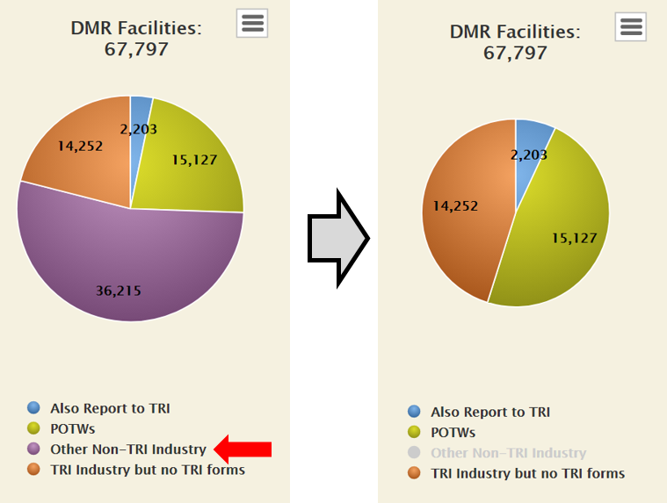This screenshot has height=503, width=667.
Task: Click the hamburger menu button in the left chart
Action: pyautogui.click(x=252, y=23)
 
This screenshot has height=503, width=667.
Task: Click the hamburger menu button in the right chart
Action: pyautogui.click(x=631, y=26)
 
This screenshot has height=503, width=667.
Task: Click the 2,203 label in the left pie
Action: pyautogui.click(x=138, y=129)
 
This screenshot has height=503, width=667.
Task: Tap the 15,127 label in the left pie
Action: pyautogui.click(x=194, y=160)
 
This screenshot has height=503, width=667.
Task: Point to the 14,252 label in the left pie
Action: pyautogui.click(x=81, y=147)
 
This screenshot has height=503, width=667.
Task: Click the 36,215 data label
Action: pyautogui.click(x=119, y=291)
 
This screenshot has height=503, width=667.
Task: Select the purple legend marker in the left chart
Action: pyautogui.click(x=34, y=449)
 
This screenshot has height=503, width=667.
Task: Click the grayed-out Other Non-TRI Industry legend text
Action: pyautogui.click(x=508, y=453)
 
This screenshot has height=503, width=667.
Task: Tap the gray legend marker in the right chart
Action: pyautogui.click(x=415, y=453)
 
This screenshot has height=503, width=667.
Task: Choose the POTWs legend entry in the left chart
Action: pyautogui.click(x=72, y=428)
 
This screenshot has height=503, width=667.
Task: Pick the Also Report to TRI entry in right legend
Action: pyautogui.click(x=489, y=412)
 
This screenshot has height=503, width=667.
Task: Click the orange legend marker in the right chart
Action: pyautogui.click(x=415, y=473)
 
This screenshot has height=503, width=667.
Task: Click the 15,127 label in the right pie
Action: pyautogui.click(x=575, y=237)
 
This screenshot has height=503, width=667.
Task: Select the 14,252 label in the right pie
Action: pyautogui.click(x=456, y=206)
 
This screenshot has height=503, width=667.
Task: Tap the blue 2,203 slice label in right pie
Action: pyautogui.click(x=529, y=154)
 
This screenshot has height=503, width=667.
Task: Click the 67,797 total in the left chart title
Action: pyautogui.click(x=136, y=48)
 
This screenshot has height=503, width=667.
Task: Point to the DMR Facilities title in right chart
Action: pyautogui.click(x=515, y=32)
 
